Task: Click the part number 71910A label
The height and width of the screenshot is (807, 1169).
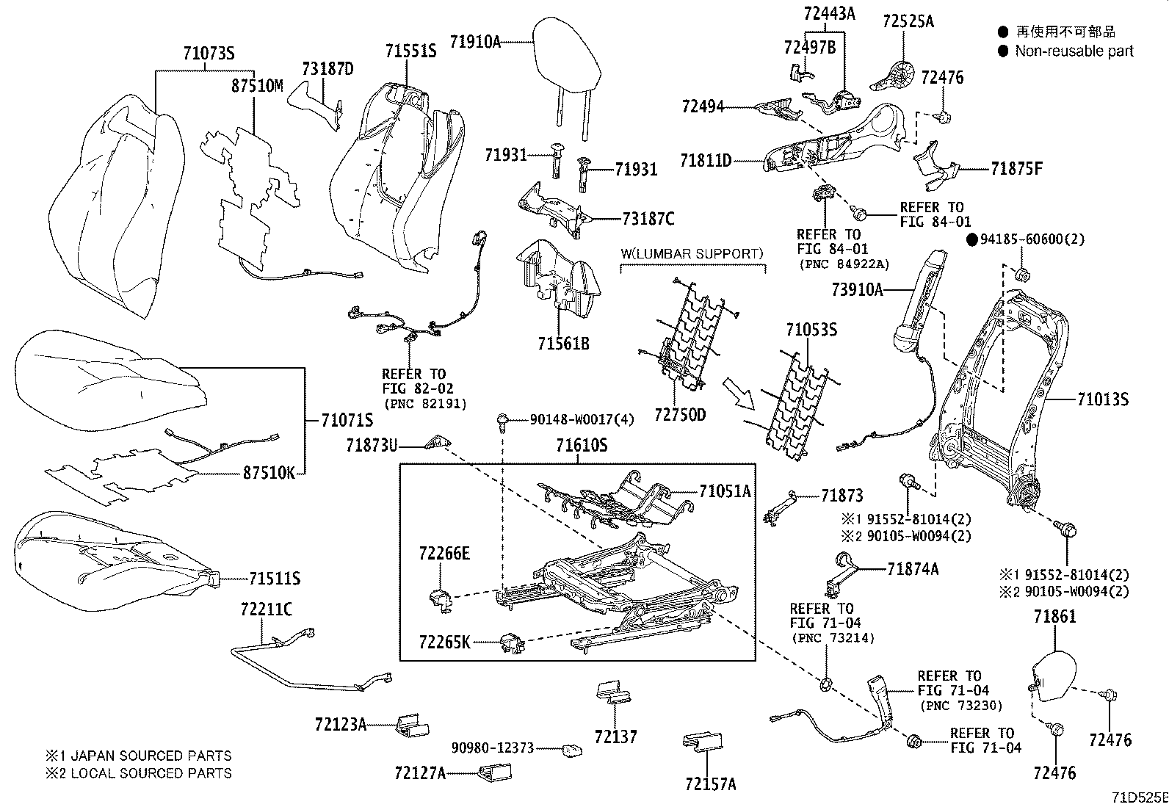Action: click(x=474, y=42)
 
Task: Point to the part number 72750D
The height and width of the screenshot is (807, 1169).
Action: click(x=679, y=415)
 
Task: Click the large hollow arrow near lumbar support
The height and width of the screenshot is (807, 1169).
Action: click(x=739, y=394)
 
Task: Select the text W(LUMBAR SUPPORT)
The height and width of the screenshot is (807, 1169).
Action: click(x=692, y=253)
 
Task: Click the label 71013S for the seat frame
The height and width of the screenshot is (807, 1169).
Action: click(x=1102, y=399)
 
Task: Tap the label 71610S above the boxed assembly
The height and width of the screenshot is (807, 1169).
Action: click(x=581, y=445)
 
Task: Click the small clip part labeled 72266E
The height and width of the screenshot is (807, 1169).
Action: click(x=439, y=598)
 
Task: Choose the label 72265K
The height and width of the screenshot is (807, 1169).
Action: click(x=444, y=643)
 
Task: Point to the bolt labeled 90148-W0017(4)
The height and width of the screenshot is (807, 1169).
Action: click(x=502, y=421)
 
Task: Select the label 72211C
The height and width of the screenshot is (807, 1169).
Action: click(x=266, y=609)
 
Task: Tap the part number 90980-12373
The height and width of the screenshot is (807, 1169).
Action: click(x=492, y=748)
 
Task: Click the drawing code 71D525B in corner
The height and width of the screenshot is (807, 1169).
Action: click(x=1138, y=797)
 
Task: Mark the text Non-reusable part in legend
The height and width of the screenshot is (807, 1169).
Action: click(x=1074, y=51)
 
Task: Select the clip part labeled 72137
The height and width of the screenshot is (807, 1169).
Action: click(x=614, y=693)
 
